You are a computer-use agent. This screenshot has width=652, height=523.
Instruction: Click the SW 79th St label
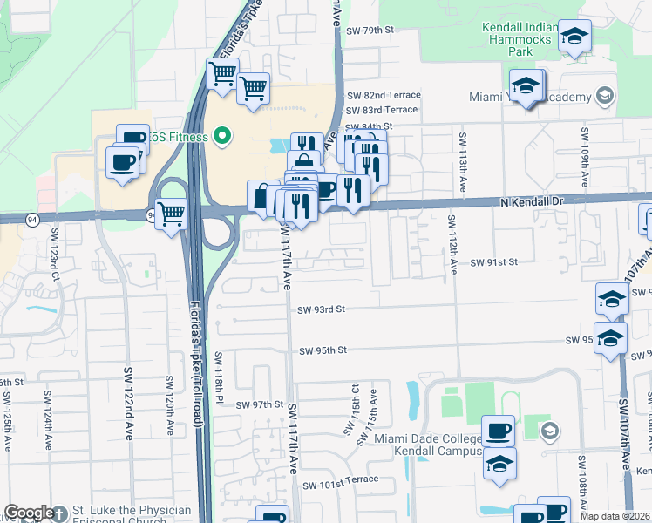tap(370, 31)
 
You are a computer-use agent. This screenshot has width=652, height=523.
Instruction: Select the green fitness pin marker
tap(221, 135)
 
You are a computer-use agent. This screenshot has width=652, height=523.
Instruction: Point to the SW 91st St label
tap(495, 261)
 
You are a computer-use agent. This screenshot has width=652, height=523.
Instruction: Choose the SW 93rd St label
tap(322, 309)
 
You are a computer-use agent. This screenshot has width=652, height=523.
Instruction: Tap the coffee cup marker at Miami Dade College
tap(499, 431)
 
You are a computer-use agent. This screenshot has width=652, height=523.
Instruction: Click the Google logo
tap(29, 513)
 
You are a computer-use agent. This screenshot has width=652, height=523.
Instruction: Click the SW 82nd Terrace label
tap(384, 95)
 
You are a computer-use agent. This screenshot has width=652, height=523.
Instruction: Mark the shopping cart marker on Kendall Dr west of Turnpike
tap(171, 212)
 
